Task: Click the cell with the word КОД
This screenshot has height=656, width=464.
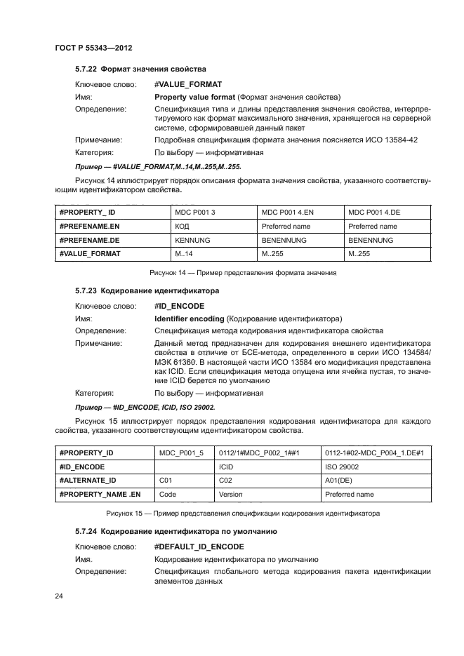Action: pos(182,227)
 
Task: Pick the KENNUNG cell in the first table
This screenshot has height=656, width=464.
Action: pos(192,240)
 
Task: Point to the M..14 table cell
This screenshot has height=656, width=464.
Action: pos(184,254)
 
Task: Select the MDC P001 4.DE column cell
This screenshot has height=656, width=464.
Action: pos(375,213)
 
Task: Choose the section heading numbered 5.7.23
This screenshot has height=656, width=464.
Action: pos(147,290)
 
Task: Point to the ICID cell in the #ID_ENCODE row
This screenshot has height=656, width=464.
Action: pos(226,467)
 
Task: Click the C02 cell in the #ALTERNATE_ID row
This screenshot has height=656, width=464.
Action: pos(225,481)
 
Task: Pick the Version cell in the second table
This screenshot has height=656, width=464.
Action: pos(231,494)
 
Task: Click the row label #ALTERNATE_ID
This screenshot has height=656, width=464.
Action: pos(88,481)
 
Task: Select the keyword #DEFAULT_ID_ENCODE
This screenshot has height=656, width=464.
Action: pos(199,546)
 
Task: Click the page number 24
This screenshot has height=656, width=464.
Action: pos(59,596)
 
